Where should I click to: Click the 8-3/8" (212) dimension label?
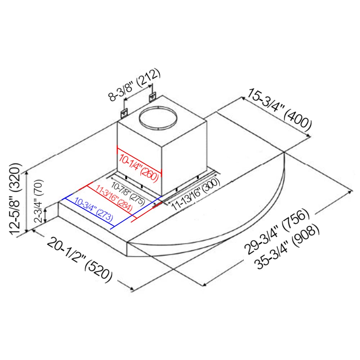point(134,85)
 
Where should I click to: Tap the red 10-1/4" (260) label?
point(139,168)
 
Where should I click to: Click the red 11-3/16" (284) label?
point(114,198)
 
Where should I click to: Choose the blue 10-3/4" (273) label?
point(94,209)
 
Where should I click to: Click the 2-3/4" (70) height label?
point(39,201)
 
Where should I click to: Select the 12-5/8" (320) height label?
point(15,199)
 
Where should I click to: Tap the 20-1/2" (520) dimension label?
point(80,260)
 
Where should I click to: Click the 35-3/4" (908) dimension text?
point(288,247)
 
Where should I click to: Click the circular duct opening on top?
point(158,118)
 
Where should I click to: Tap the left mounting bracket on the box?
point(124,114)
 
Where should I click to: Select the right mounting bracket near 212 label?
point(152,97)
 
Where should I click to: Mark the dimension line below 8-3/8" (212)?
point(138,93)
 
